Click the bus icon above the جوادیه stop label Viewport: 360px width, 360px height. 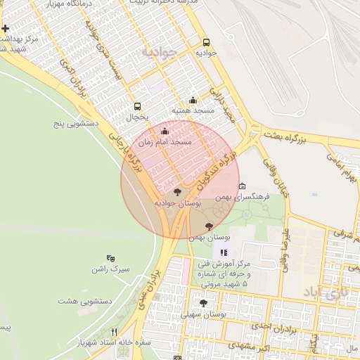coord(206,42)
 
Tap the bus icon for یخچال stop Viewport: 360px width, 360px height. coord(137,107)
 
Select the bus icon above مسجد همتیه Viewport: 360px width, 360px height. coord(193,101)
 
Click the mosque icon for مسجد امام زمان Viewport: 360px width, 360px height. coord(165,131)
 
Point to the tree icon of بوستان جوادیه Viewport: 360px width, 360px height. coord(176,191)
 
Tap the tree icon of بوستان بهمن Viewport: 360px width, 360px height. coord(209,226)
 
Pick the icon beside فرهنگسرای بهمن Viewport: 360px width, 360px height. coord(243,186)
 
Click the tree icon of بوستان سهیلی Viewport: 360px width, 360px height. coord(203,303)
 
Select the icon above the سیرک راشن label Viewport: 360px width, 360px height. coord(111,258)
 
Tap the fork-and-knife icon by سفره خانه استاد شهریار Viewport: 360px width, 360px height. coord(115,331)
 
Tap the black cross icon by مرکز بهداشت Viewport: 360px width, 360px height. coord(6,29)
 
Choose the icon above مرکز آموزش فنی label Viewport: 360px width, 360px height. coord(224,252)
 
